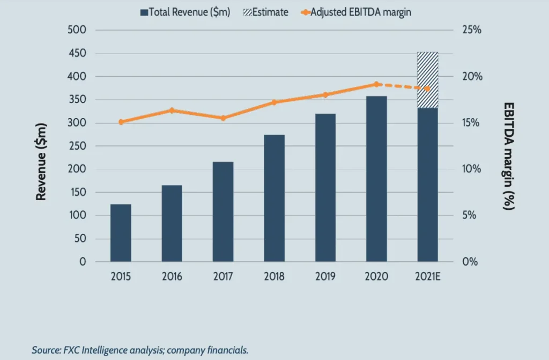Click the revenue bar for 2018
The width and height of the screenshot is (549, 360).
coord(274,198)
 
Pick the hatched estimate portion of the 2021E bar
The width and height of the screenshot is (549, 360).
coord(427,80)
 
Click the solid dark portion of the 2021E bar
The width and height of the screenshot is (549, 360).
coord(427,185)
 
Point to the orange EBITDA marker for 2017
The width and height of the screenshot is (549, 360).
coord(223,118)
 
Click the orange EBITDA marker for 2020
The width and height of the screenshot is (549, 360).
coord(376,84)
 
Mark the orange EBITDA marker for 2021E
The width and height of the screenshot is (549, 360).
coord(427,89)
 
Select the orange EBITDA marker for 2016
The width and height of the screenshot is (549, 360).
coord(172,111)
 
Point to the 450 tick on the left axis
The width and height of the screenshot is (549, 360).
coord(77,54)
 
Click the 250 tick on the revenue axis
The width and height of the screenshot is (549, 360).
coord(77,146)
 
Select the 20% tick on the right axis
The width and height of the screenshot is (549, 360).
coord(472,77)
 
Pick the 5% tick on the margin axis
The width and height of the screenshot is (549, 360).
coord(472,216)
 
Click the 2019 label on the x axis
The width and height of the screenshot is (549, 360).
coord(325,277)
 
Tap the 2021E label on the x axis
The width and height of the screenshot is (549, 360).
coord(427,277)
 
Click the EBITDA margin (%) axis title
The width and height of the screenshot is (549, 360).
coord(508,156)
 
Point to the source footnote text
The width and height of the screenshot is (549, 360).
coord(140,350)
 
